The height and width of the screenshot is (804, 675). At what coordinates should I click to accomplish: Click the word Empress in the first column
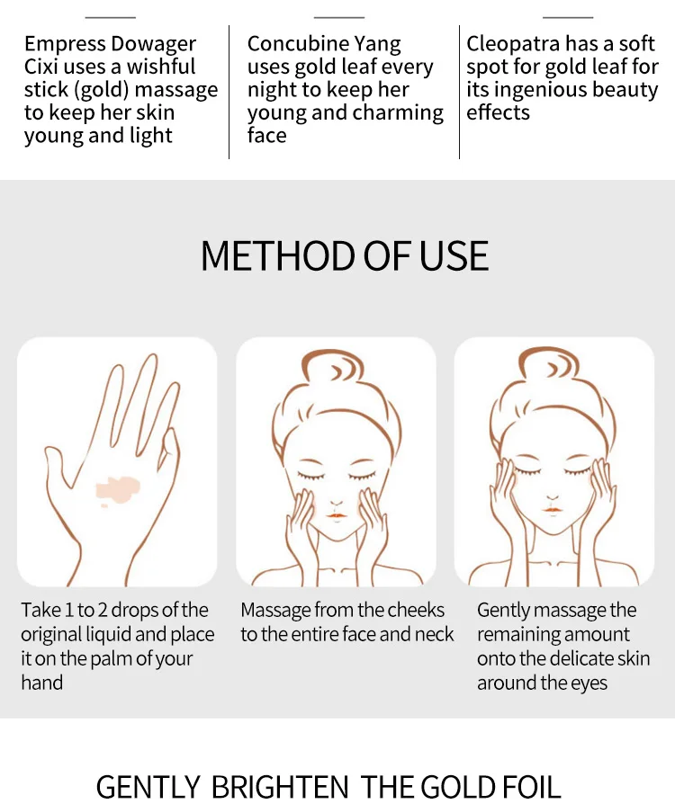pyautogui.click(x=64, y=44)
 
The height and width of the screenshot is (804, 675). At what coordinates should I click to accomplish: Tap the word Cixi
pyautogui.click(x=41, y=67)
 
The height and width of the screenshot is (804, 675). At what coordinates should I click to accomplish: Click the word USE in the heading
pyautogui.click(x=454, y=255)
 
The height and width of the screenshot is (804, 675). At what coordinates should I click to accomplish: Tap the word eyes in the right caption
pyautogui.click(x=584, y=683)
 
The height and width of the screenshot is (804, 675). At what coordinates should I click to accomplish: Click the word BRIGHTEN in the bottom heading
pyautogui.click(x=282, y=786)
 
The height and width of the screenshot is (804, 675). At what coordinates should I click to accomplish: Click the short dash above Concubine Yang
pyautogui.click(x=339, y=17)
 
